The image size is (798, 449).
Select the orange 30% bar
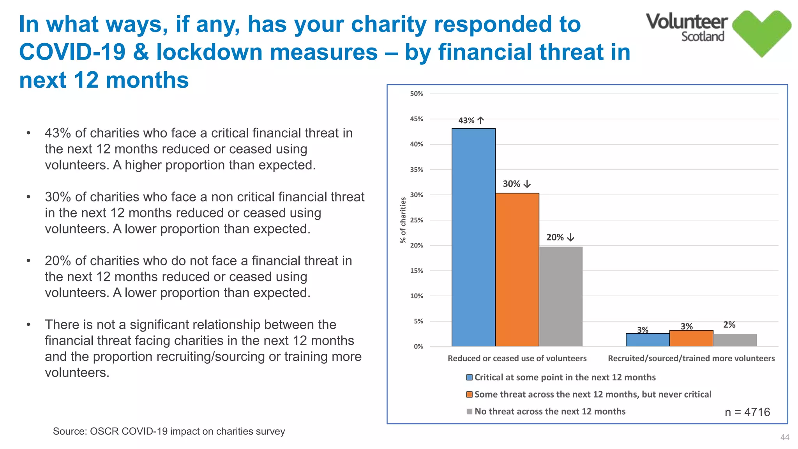click(517, 269)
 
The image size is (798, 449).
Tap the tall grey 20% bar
click(561, 296)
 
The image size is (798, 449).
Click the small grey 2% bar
click(735, 340)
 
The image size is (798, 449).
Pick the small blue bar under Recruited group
click(648, 340)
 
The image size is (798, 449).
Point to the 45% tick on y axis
click(416, 119)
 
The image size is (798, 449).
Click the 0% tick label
click(418, 346)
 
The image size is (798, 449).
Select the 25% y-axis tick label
click(416, 220)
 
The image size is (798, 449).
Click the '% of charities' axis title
click(403, 220)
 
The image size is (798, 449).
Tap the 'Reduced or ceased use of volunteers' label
click(517, 359)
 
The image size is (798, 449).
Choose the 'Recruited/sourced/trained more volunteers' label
click(691, 359)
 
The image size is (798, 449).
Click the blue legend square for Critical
click(470, 377)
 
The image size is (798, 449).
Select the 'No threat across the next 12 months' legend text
click(550, 412)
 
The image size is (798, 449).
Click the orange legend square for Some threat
click(470, 394)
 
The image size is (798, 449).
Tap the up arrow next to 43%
click(481, 120)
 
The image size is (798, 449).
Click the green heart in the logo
click(761, 33)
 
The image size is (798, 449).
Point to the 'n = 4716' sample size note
click(747, 412)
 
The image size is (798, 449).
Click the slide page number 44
click(785, 437)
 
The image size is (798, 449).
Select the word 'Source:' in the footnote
click(70, 431)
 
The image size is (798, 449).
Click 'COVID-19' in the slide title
click(72, 52)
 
